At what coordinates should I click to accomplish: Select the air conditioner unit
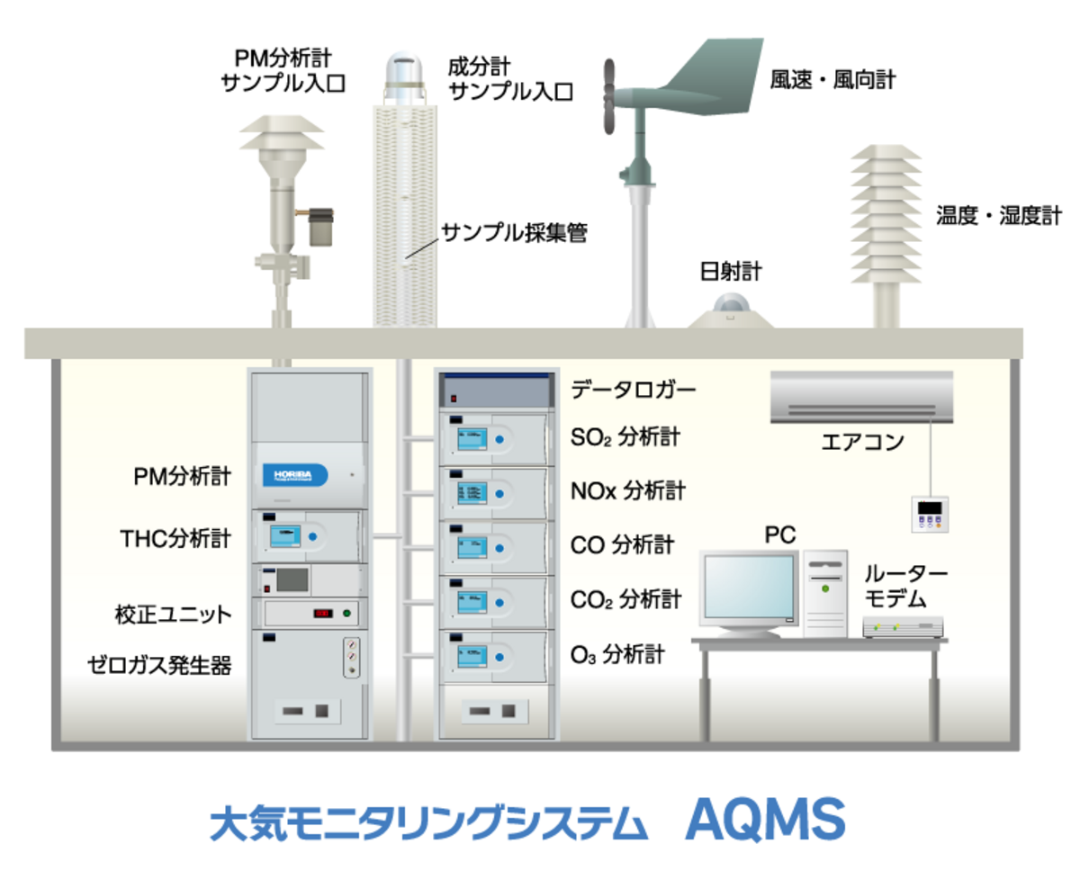click(861, 397)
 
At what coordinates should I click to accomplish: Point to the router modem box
click(903, 626)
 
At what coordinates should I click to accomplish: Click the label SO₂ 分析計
click(625, 437)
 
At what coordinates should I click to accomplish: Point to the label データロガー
click(634, 390)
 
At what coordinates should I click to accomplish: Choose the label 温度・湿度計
click(999, 216)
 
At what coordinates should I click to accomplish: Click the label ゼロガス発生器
click(159, 665)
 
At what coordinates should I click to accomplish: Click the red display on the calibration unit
click(323, 614)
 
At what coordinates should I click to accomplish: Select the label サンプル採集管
click(514, 234)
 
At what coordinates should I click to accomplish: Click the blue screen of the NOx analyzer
click(472, 492)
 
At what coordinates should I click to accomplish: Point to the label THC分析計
click(175, 539)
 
